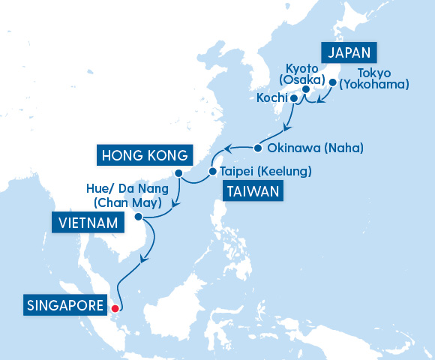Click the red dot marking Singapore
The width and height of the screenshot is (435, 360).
point(115,307)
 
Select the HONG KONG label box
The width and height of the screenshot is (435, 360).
point(142,156)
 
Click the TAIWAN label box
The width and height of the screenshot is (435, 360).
point(253,192)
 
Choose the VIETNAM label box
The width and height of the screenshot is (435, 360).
point(86,222)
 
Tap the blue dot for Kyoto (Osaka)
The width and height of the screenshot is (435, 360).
point(306,89)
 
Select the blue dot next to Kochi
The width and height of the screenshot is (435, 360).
point(294,98)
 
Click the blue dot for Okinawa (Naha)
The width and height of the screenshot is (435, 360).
point(257,147)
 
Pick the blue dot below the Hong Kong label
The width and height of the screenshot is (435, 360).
point(178,174)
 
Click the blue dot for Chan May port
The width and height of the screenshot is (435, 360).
point(139,217)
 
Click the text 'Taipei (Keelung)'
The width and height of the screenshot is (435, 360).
point(265,172)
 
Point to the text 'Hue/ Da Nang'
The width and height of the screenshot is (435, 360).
point(122,190)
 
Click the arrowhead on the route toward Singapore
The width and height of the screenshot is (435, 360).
point(144,259)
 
